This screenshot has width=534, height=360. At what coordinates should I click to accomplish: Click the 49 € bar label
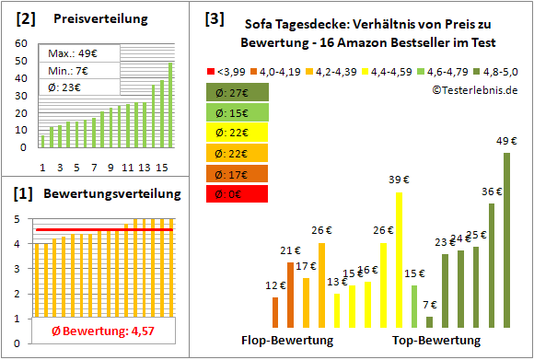click(506, 141)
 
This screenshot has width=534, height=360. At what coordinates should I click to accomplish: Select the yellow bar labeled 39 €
click(400, 258)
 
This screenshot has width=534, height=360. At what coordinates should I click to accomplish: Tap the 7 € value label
click(429, 305)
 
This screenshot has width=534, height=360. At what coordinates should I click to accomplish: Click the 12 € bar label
click(275, 286)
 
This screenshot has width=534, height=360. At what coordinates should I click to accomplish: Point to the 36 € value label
click(492, 192)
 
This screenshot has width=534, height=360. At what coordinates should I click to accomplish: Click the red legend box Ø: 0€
click(238, 193)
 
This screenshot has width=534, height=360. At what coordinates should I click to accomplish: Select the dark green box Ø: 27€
click(238, 92)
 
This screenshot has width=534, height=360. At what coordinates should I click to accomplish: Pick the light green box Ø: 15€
click(238, 112)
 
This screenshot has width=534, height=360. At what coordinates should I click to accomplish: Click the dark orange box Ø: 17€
click(238, 173)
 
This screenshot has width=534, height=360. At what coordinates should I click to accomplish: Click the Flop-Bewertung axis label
click(286, 341)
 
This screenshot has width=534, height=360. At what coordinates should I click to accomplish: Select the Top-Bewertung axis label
click(436, 341)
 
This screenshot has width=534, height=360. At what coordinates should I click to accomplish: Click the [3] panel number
click(214, 17)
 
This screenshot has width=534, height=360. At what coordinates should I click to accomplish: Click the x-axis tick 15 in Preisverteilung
click(161, 167)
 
